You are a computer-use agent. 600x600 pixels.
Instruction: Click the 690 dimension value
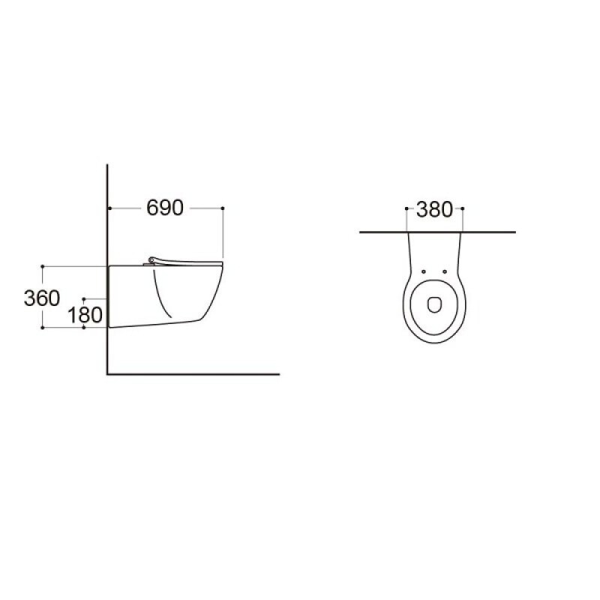click(x=165, y=208)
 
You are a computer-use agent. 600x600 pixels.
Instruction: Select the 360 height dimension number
click(x=42, y=298)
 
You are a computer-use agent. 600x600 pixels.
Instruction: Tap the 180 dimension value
click(x=85, y=315)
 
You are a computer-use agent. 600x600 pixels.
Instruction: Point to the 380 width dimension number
click(x=434, y=210)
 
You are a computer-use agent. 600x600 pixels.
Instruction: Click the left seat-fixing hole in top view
click(x=424, y=271)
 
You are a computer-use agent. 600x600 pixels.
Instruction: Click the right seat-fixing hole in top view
click(x=445, y=271)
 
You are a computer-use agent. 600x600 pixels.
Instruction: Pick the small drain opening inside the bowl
click(x=434, y=304)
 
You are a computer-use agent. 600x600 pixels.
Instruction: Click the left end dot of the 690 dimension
click(x=109, y=208)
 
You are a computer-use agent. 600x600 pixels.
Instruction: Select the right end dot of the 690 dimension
click(x=223, y=208)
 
